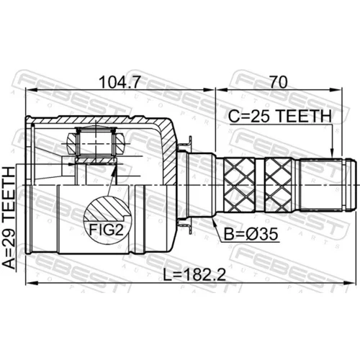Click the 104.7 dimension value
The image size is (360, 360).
[x=120, y=82]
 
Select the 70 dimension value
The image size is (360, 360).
[x=279, y=82]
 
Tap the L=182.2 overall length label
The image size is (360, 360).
[x=194, y=274]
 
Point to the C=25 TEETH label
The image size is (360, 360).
[x=280, y=116]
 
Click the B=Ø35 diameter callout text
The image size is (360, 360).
[x=251, y=234]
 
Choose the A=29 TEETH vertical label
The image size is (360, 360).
[x=9, y=218]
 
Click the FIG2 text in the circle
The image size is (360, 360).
[x=106, y=230]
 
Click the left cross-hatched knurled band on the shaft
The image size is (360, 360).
[x=239, y=185]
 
